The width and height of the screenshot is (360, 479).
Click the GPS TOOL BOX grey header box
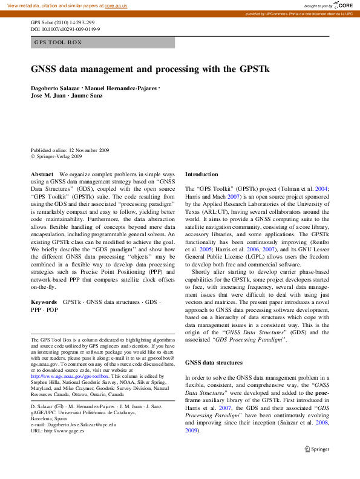(x=103, y=42)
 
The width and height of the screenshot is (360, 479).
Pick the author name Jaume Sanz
(x=90, y=96)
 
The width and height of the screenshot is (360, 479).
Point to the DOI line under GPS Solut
(x=65, y=29)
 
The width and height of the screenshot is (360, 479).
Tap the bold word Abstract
(x=42, y=174)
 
